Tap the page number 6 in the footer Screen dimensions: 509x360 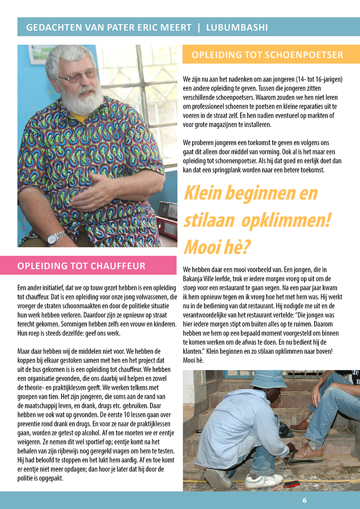304,501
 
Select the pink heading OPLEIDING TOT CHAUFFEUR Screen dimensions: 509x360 81,266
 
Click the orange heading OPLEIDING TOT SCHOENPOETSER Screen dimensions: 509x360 267,55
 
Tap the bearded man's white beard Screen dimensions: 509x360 82,100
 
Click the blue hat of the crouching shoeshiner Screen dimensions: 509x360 268,378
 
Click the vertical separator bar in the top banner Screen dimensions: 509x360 199,28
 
